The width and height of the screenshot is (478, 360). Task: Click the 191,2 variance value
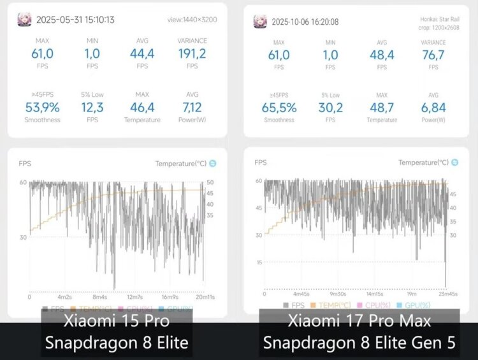192,54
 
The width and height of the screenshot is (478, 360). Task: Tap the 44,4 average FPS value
142,54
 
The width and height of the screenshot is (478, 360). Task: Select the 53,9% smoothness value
42,107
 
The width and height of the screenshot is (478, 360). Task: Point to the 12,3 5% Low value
92,107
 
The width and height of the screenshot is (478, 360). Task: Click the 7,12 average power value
192,107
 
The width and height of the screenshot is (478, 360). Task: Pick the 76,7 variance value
433,55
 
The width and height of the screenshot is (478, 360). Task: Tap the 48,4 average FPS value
382,55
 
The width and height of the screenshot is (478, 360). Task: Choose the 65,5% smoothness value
279,108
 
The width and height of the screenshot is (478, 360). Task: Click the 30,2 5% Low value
331,108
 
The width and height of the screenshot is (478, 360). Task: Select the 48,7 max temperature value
382,108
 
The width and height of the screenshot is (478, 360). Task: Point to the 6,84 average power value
433,108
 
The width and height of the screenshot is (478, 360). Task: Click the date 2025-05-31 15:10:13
75,20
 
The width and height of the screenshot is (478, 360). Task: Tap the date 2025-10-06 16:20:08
305,22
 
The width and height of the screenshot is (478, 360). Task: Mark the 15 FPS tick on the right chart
259,263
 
